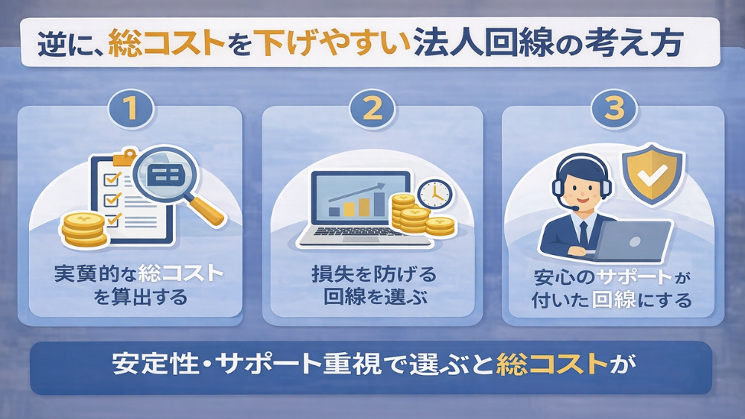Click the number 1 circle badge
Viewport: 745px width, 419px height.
131,109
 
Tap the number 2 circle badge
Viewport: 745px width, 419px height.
372,109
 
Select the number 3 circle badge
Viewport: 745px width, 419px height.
614,109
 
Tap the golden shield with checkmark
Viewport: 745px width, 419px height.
653,174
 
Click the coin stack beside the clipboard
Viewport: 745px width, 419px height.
84,229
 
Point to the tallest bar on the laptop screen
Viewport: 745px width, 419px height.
380,204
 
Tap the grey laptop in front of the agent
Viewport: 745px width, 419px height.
631,242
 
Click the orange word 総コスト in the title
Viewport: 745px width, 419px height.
167,43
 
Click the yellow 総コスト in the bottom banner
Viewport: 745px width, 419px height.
552,365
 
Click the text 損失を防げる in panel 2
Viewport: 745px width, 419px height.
373,274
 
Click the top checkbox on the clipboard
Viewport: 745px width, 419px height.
112,178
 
